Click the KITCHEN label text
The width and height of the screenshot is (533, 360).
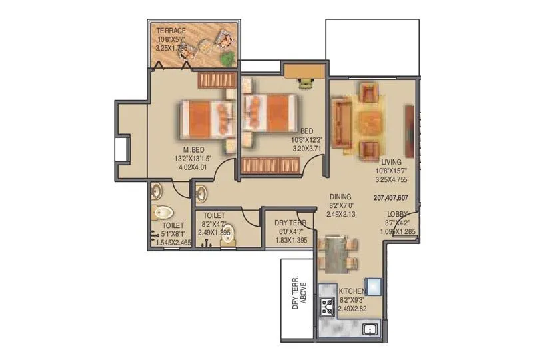(x=352, y=291)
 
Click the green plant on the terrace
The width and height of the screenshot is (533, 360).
(x=229, y=58)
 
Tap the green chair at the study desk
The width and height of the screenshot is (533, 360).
(x=306, y=83)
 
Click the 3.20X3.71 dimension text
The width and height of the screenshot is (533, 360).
(x=306, y=149)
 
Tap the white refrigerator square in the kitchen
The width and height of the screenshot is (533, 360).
(x=372, y=285)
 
